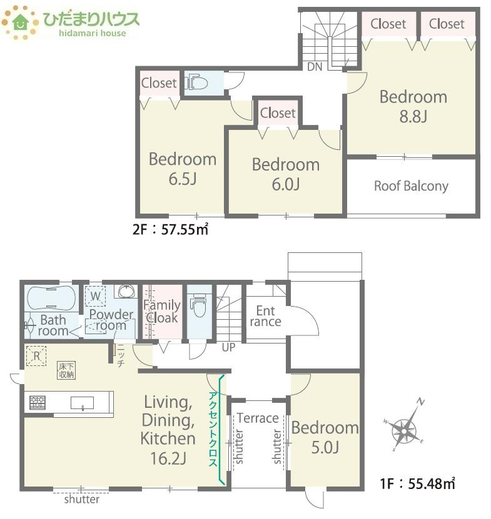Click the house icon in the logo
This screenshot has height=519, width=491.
(x=21, y=22)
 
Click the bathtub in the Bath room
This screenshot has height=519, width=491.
(x=51, y=299)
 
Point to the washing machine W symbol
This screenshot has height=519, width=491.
(x=96, y=296)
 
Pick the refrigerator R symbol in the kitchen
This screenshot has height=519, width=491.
(x=36, y=356)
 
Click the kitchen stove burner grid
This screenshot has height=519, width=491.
(x=38, y=402)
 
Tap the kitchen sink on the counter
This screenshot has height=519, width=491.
(x=82, y=403)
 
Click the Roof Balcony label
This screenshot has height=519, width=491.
(x=411, y=186)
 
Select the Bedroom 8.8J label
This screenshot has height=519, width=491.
(x=413, y=106)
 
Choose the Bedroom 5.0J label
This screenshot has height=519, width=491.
(x=325, y=437)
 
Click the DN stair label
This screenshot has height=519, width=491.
(x=315, y=67)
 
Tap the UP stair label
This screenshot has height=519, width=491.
(x=228, y=347)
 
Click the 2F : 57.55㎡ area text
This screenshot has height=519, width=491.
(x=170, y=229)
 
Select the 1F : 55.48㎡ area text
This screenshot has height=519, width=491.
(x=417, y=483)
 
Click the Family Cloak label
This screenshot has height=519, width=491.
(x=162, y=311)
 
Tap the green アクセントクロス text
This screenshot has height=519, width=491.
(x=213, y=429)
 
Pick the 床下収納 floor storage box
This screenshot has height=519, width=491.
(x=66, y=370)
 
